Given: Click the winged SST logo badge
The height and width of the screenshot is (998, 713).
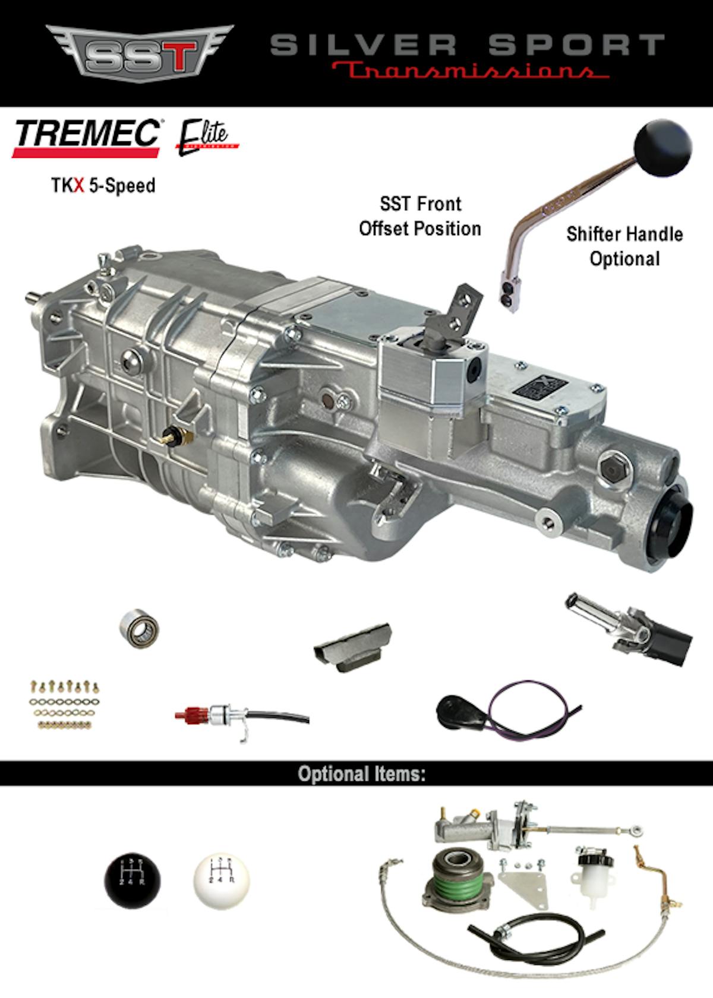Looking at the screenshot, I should pos(140,53).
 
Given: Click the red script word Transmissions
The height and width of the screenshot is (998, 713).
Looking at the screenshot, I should pos(469,71).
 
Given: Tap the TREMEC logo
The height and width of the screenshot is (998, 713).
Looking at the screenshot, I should pos(86,136).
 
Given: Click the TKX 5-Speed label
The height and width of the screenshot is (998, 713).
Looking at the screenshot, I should pos(103,185).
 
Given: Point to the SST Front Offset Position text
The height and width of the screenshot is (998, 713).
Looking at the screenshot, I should pos(420,216).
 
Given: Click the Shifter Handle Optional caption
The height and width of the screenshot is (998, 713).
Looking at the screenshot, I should pos(624,246).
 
